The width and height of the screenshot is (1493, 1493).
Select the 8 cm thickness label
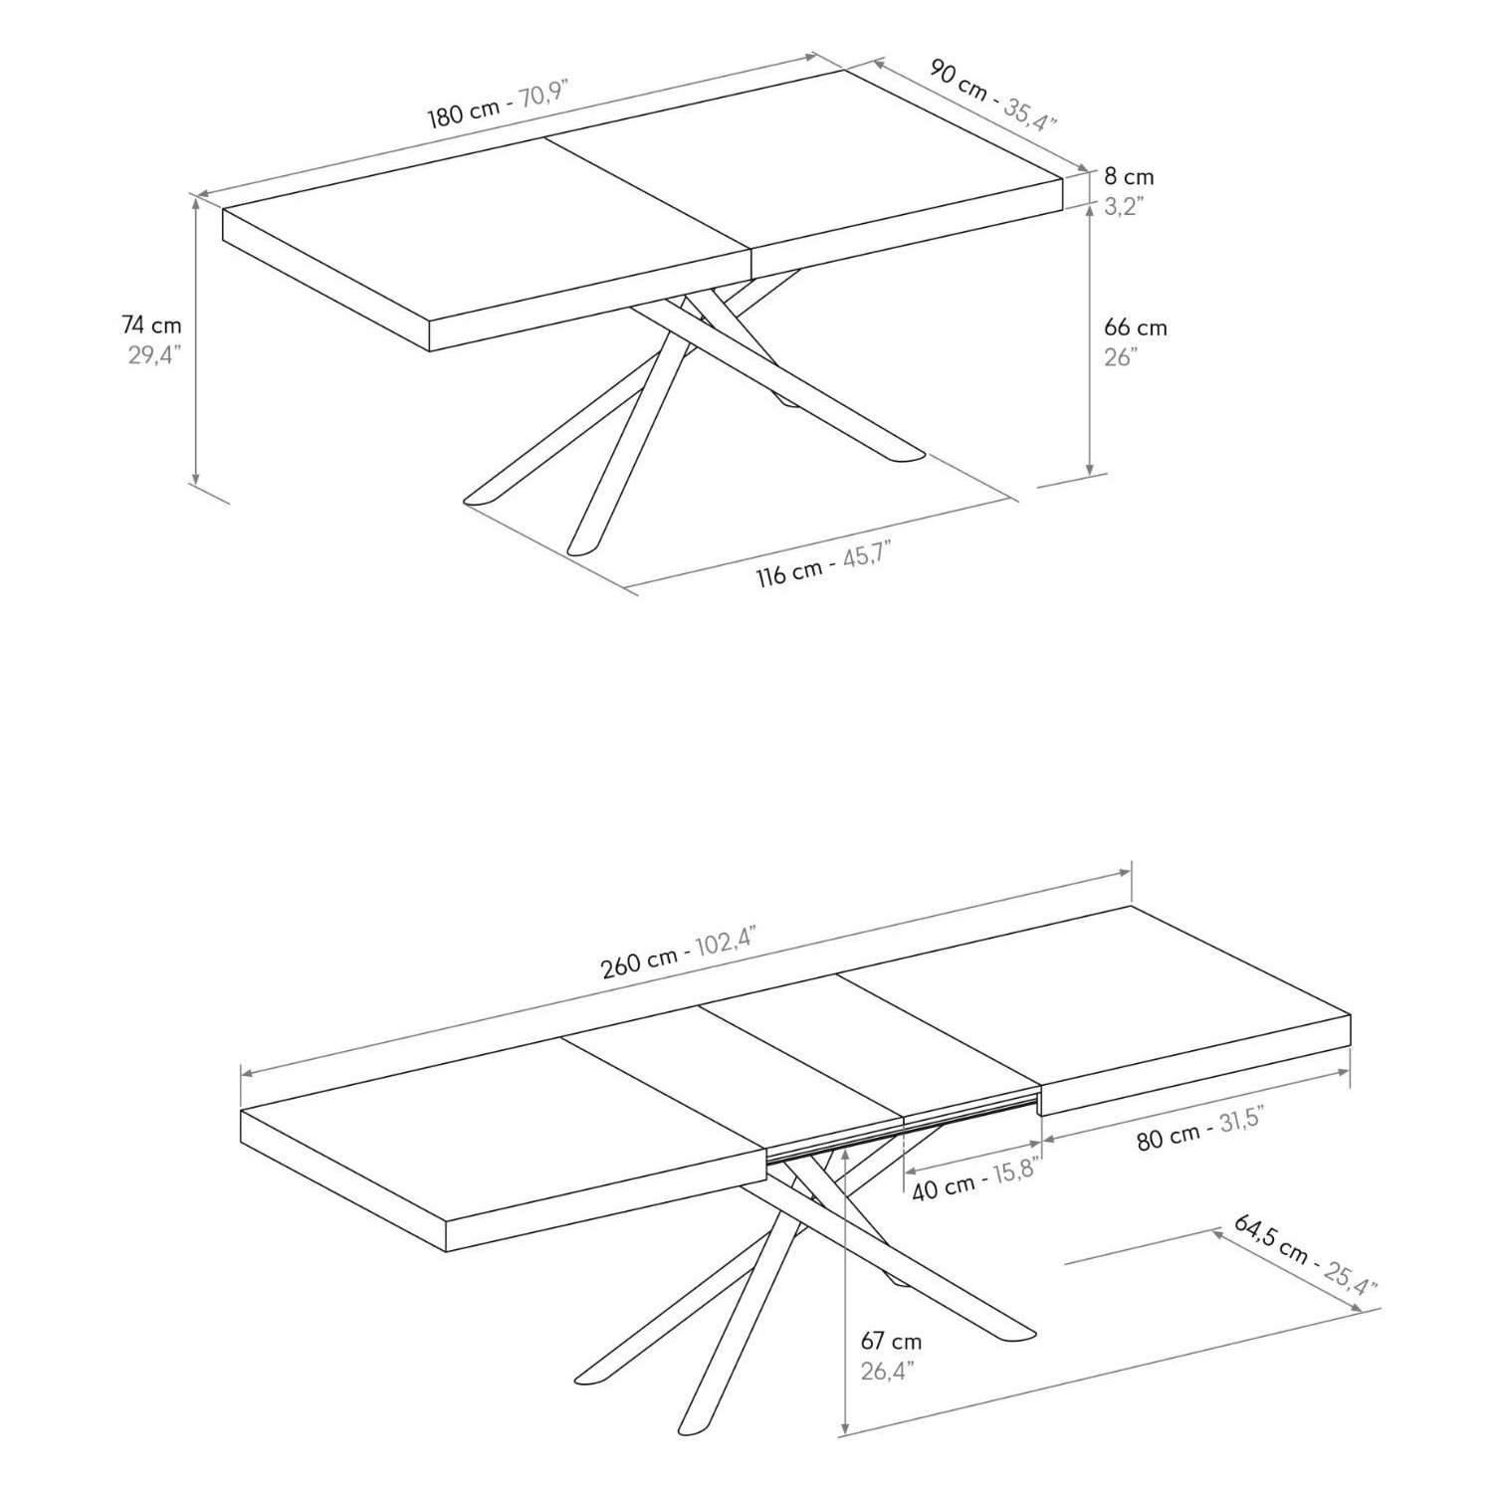coord(1129,177)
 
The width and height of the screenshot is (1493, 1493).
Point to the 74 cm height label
coord(151,324)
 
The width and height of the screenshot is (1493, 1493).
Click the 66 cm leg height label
coord(1135,327)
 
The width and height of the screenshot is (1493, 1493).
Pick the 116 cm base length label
coord(788,572)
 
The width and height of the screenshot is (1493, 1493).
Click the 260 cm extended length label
coord(639,962)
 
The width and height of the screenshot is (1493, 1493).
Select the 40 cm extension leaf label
coord(943,1186)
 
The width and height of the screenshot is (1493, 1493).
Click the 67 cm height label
coord(891,1342)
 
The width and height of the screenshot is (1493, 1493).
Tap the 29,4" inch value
coord(151,355)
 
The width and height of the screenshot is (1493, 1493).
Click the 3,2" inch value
coord(1124,207)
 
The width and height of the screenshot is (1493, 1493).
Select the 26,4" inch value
coord(887,1372)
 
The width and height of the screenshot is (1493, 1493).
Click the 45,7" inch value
coord(866,553)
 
